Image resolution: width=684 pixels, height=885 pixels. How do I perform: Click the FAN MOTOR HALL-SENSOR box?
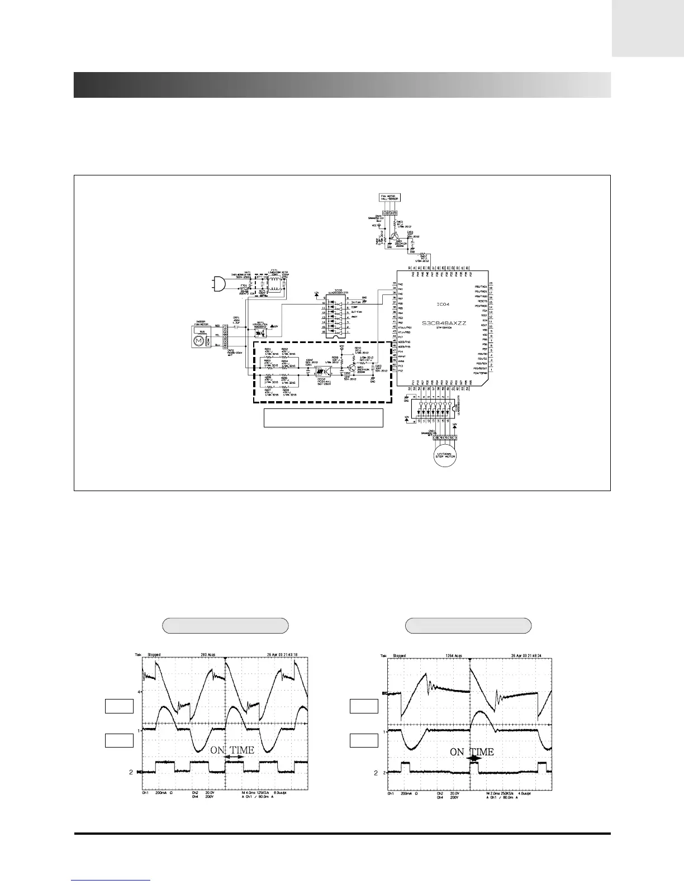pos(389,197)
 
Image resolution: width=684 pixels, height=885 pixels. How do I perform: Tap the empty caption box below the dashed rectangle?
pos(323,418)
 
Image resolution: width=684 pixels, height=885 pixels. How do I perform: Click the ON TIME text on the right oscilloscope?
pos(472,751)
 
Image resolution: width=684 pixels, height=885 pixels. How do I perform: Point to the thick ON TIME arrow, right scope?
pos(474,759)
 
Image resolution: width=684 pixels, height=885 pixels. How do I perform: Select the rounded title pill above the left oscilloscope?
pos(225,626)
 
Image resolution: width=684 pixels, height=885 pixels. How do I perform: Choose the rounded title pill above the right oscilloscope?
pos(468,626)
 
